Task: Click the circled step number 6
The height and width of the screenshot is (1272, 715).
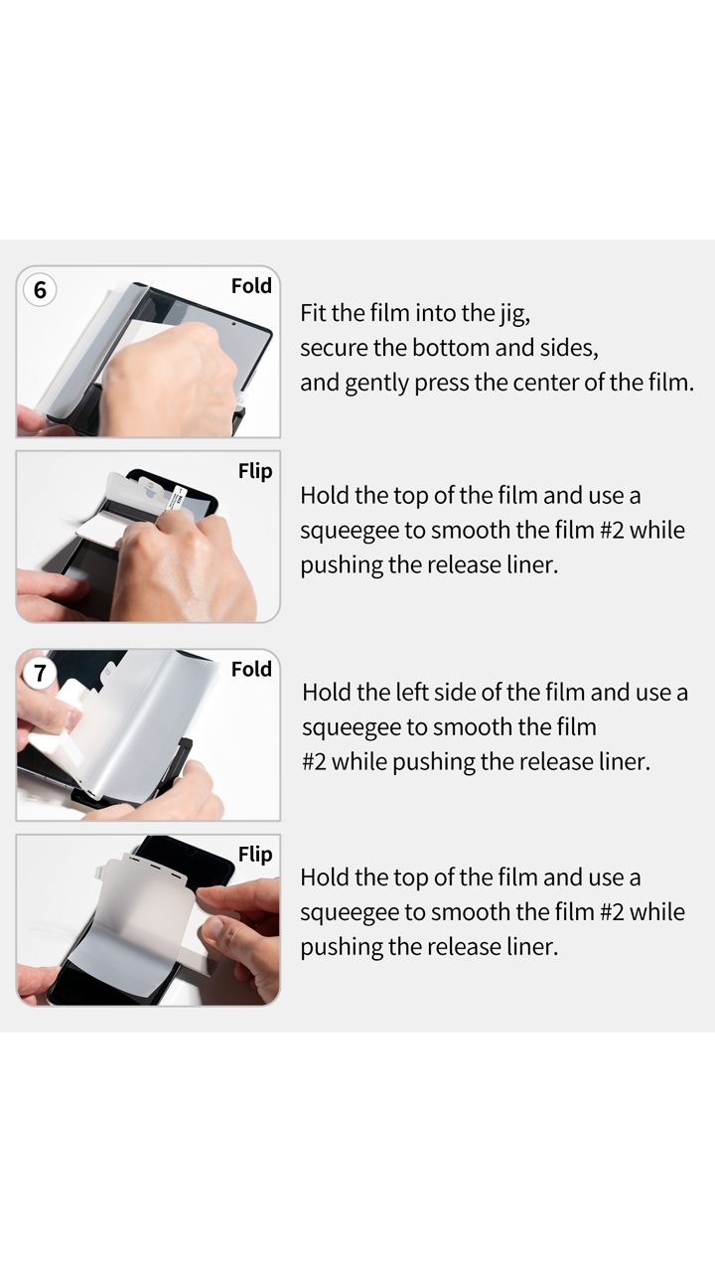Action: point(40,289)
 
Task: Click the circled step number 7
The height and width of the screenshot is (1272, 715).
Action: point(40,673)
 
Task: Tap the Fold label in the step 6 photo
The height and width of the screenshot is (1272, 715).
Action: point(251,285)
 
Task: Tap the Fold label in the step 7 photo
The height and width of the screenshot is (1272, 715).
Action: point(251,669)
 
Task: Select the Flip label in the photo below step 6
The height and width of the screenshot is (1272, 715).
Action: point(255,471)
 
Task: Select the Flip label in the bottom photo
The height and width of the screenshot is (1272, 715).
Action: point(255,855)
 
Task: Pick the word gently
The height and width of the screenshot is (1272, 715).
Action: point(376,384)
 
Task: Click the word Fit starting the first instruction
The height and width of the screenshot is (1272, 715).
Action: point(313,313)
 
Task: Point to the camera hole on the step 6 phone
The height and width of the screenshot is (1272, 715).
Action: point(233,324)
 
